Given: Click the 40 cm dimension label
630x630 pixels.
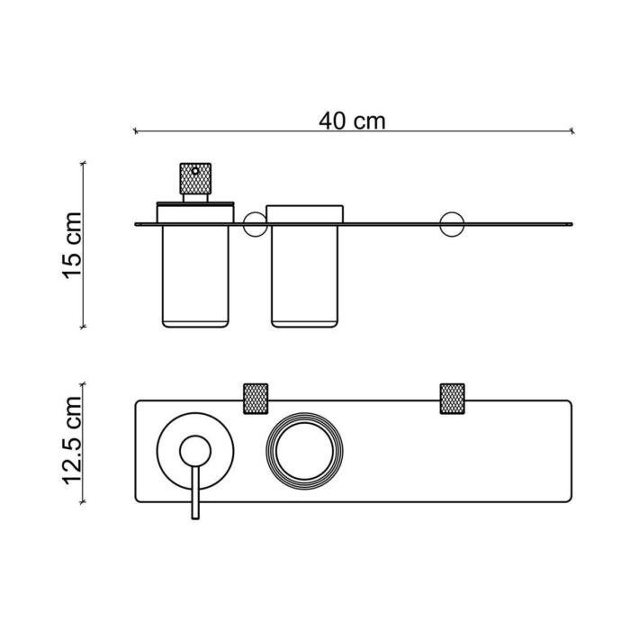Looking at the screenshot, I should (352, 121).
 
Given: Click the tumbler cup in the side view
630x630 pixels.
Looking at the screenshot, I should (307, 274).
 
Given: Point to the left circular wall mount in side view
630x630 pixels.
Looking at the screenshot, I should (255, 222).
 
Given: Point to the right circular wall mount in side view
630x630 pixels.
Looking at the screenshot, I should (450, 222).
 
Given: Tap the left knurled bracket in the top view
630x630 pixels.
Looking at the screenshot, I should (256, 398).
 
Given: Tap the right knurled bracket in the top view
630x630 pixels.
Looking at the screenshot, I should (451, 398).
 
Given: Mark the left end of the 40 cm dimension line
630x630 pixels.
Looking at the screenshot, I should (135, 132).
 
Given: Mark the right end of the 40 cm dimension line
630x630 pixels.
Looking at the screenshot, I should (573, 132).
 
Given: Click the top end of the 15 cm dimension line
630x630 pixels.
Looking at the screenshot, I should (84, 162).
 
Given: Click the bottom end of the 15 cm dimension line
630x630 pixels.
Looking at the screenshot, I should (84, 326).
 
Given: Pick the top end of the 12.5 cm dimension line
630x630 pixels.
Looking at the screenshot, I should (84, 382).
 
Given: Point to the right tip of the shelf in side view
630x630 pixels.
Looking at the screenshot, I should (571, 222).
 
